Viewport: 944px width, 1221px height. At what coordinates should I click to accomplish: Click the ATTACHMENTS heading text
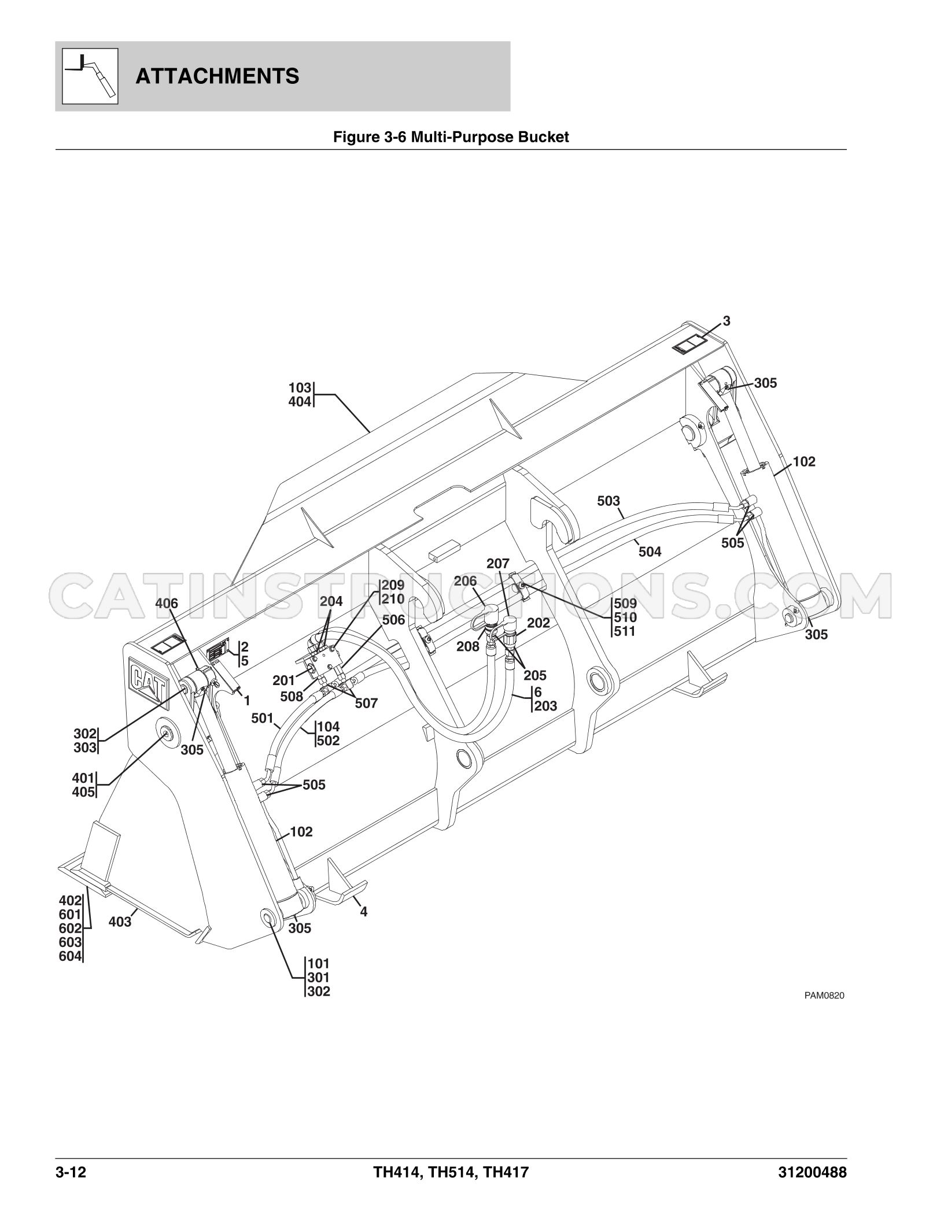pyautogui.click(x=217, y=76)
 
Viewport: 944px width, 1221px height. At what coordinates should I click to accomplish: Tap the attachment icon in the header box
pyautogui.click(x=90, y=76)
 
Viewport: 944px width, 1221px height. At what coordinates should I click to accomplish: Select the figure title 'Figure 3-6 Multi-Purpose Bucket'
pyautogui.click(x=451, y=137)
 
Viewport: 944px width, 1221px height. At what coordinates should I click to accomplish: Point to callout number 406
pyautogui.click(x=167, y=604)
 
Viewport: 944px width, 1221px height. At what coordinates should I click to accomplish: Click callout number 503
pyautogui.click(x=609, y=501)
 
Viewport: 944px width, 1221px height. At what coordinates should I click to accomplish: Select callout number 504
pyautogui.click(x=650, y=552)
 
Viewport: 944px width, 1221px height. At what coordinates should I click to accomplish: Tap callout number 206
pyautogui.click(x=465, y=581)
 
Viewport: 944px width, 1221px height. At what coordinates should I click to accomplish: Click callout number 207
pyautogui.click(x=497, y=563)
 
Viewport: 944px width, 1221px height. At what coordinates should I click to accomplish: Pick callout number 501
pyautogui.click(x=262, y=719)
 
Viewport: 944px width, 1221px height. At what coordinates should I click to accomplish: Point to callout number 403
pyautogui.click(x=120, y=922)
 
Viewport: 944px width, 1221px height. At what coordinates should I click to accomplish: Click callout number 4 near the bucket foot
pyautogui.click(x=363, y=912)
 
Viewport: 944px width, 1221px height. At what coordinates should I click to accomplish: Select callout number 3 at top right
pyautogui.click(x=727, y=321)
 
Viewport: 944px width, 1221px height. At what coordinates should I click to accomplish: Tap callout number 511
pyautogui.click(x=625, y=631)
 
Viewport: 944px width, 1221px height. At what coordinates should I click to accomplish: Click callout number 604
pyautogui.click(x=70, y=957)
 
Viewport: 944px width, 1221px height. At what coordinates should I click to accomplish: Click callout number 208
pyautogui.click(x=468, y=646)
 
